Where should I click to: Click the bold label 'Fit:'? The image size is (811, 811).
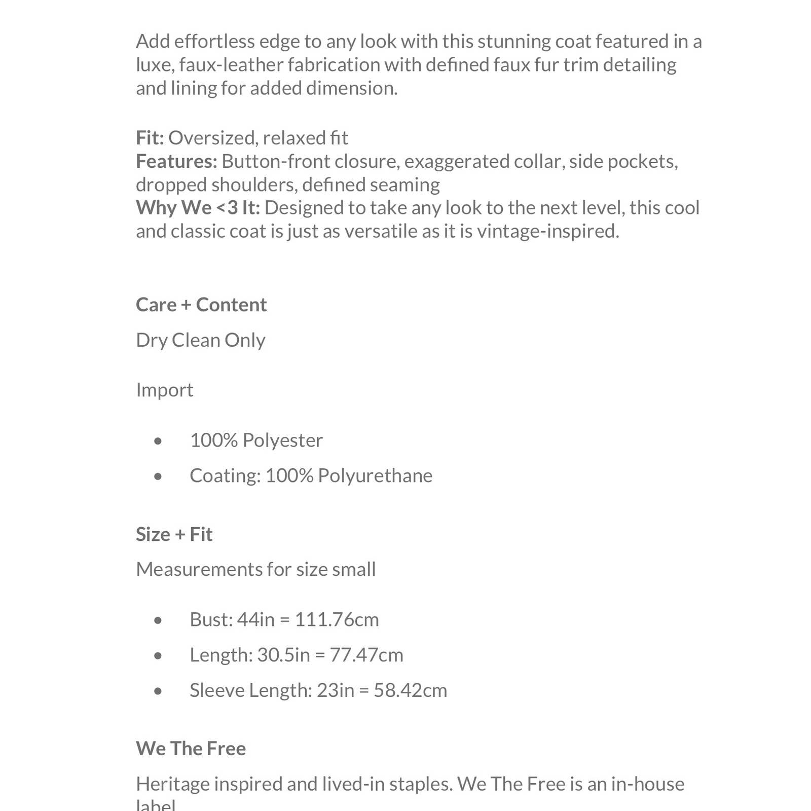(150, 138)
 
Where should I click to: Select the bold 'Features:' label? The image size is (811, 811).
(176, 161)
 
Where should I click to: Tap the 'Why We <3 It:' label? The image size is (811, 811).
(198, 208)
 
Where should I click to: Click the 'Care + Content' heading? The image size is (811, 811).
(201, 305)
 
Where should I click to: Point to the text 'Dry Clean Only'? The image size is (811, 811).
(201, 340)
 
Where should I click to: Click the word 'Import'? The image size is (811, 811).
(165, 390)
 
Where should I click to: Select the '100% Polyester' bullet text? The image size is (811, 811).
(256, 440)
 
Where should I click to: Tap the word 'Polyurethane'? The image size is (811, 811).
(375, 476)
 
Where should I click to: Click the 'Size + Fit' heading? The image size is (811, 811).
(174, 534)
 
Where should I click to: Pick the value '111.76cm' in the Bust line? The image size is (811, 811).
(337, 619)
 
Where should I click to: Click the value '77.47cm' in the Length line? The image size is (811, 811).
(366, 655)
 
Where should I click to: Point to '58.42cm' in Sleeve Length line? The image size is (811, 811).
(411, 690)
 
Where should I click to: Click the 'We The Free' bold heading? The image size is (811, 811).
(191, 749)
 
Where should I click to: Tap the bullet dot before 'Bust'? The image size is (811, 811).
(158, 620)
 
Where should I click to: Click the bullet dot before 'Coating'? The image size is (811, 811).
(158, 476)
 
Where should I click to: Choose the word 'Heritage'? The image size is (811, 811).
(173, 784)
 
